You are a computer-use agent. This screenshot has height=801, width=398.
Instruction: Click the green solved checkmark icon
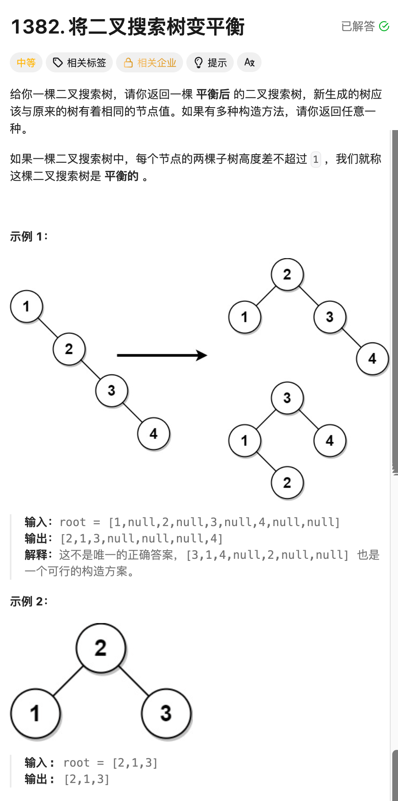tap(384, 27)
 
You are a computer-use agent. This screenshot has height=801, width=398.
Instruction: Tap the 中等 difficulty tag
tap(26, 63)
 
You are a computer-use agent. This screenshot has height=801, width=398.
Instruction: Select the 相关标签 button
tap(79, 63)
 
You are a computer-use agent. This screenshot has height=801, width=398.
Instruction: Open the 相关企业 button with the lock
tap(150, 63)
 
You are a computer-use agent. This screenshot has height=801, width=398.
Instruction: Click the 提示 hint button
tap(210, 63)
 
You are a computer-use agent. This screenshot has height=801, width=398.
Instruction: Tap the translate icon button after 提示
tap(249, 63)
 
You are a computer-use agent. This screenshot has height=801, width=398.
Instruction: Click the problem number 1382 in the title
tap(36, 27)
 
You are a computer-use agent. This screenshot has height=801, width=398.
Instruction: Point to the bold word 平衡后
tap(213, 94)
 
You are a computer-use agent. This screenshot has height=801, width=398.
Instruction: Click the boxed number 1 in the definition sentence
tap(315, 159)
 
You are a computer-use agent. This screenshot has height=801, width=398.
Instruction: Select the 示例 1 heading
tap(29, 236)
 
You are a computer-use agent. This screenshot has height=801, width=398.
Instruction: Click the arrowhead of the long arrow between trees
tap(202, 355)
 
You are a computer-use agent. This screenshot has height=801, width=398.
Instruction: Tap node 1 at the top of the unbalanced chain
tap(27, 306)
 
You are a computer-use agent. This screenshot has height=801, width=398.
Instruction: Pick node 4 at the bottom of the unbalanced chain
tap(154, 434)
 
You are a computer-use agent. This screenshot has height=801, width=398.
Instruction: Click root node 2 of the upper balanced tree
tap(287, 274)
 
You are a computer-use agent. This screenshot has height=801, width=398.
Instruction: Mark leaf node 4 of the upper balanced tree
tap(372, 359)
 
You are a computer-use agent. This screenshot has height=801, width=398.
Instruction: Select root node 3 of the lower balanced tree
tap(287, 398)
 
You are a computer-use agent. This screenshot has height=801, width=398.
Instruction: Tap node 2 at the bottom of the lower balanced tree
tap(287, 483)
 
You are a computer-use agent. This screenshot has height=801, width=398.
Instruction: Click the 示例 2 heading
tap(29, 601)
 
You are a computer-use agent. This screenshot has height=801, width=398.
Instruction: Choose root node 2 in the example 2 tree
tap(101, 648)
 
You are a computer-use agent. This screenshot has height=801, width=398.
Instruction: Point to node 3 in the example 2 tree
tap(166, 713)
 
